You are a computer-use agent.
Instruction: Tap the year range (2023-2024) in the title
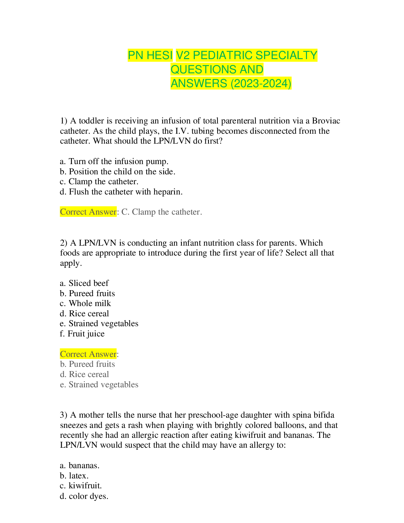pos(261,84)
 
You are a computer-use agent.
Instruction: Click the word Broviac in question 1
pos(326,121)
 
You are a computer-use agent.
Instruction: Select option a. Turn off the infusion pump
pos(114,161)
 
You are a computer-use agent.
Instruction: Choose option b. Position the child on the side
pos(118,171)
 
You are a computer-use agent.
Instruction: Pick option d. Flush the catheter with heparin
pos(121,192)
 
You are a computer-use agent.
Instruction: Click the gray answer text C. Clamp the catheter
pos(162,212)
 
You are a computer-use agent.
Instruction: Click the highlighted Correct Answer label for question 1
pos(88,212)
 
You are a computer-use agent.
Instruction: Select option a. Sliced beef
pos(84,283)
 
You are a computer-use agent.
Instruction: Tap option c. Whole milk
pos(85,303)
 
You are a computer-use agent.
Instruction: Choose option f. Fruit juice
pos(82,334)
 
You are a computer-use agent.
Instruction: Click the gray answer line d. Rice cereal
pos(84,374)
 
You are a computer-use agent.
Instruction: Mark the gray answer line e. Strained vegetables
pos(99,385)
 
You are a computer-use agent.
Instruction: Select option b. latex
pos(74,475)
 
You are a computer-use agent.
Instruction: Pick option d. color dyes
pos(84,496)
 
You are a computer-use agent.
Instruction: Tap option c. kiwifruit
pos(81,486)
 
